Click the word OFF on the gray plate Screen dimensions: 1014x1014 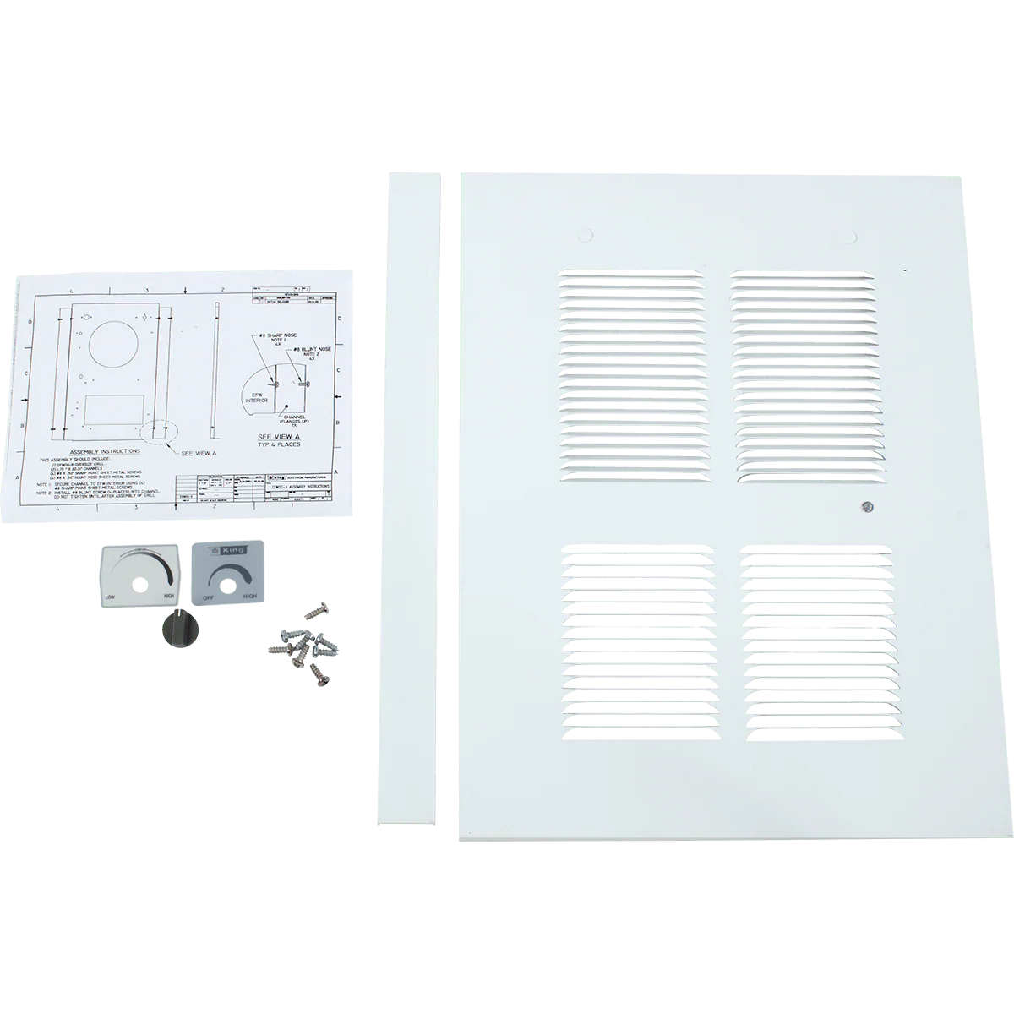[x=203, y=596]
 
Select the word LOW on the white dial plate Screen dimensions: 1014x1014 [x=111, y=597]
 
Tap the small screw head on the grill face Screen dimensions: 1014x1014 [x=863, y=507]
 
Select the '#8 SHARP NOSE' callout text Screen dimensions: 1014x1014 [x=275, y=338]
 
